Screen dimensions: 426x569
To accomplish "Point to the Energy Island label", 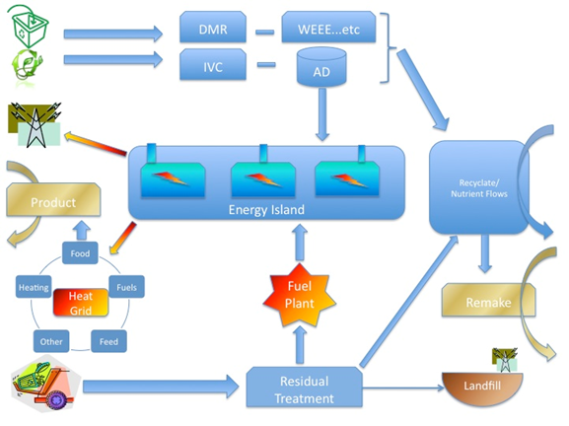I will click(x=266, y=210).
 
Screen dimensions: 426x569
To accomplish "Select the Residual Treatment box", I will click(x=304, y=388).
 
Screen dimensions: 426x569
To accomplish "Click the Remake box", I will click(x=487, y=302).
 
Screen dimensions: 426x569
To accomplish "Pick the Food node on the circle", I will click(x=80, y=254).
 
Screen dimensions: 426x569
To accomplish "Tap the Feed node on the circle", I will click(x=108, y=342).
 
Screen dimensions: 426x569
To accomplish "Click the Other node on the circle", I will click(x=50, y=342).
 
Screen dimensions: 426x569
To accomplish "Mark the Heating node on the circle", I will click(x=34, y=287).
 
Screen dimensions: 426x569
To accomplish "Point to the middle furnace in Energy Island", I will click(x=264, y=179).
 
